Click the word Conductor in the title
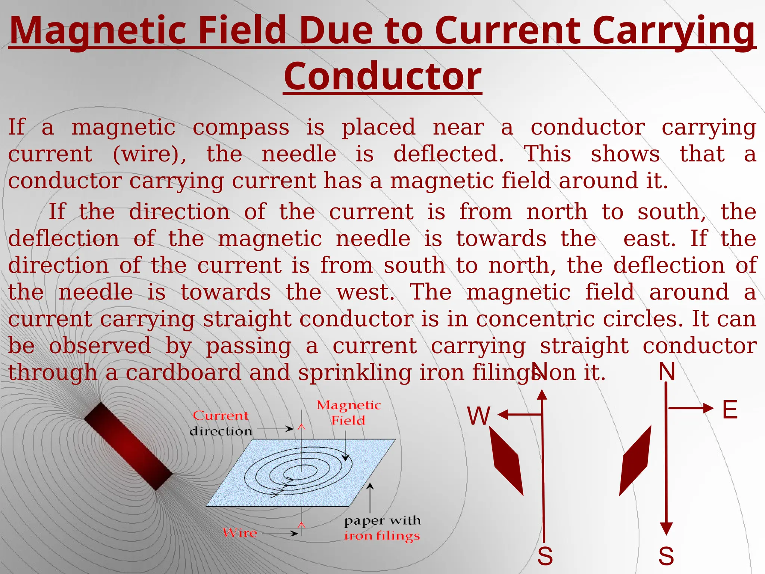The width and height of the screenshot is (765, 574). [382, 77]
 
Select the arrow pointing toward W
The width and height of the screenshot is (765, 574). [520, 414]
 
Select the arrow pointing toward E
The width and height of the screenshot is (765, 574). [691, 408]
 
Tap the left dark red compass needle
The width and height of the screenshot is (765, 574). [506, 461]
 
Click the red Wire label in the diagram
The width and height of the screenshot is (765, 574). [240, 533]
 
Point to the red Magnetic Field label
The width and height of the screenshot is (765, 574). [349, 413]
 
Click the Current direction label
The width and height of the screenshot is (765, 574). [221, 423]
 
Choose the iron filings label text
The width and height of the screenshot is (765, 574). [382, 536]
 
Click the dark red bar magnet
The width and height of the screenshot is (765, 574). [128, 446]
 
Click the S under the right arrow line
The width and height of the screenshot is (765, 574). [666, 556]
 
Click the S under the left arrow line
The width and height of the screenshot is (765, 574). [545, 556]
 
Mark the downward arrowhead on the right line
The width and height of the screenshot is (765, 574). [666, 528]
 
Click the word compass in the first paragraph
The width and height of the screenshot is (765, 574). [241, 128]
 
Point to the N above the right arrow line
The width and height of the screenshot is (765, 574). [667, 372]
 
